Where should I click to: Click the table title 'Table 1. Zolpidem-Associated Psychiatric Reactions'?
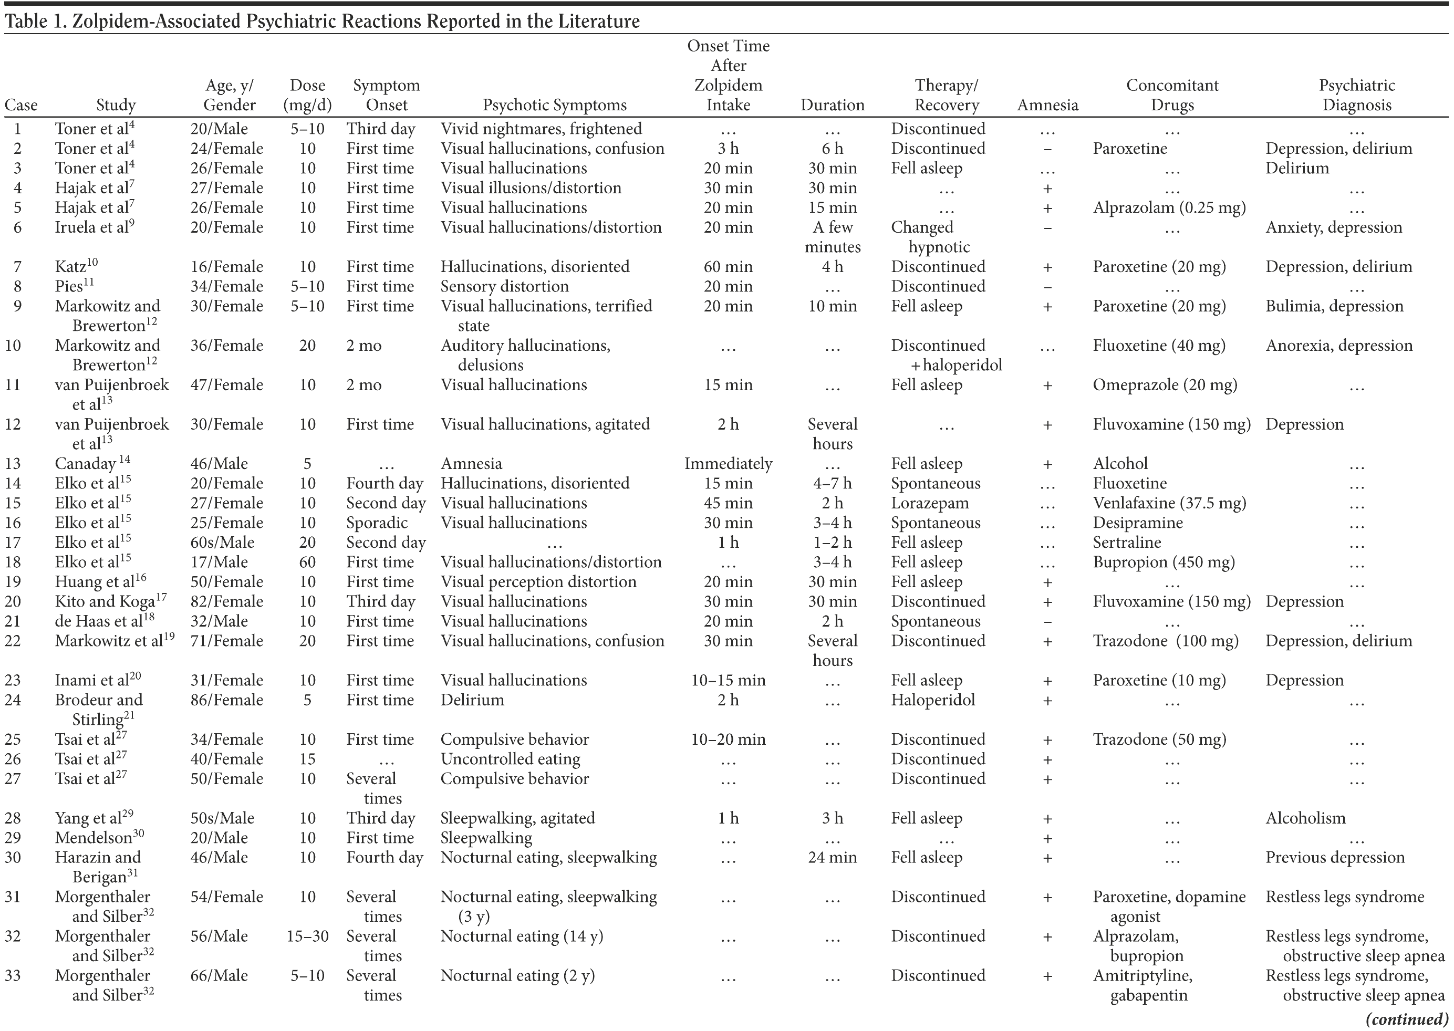pyautogui.click(x=322, y=21)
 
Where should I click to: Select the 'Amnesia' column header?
pyautogui.click(x=1047, y=105)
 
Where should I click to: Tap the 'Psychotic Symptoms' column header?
pyautogui.click(x=554, y=105)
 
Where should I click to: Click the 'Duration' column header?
pyautogui.click(x=833, y=105)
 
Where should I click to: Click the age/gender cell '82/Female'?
pyautogui.click(x=227, y=601)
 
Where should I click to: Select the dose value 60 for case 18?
pyautogui.click(x=307, y=562)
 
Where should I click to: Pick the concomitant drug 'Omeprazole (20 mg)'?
pyautogui.click(x=1165, y=384)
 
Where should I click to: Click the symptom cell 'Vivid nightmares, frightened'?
pyautogui.click(x=541, y=129)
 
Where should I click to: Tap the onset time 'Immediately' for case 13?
pyautogui.click(x=728, y=463)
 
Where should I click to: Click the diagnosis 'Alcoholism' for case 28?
pyautogui.click(x=1305, y=818)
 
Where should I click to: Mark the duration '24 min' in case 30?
pyautogui.click(x=833, y=857)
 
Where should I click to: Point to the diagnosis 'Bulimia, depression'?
pyautogui.click(x=1334, y=306)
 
